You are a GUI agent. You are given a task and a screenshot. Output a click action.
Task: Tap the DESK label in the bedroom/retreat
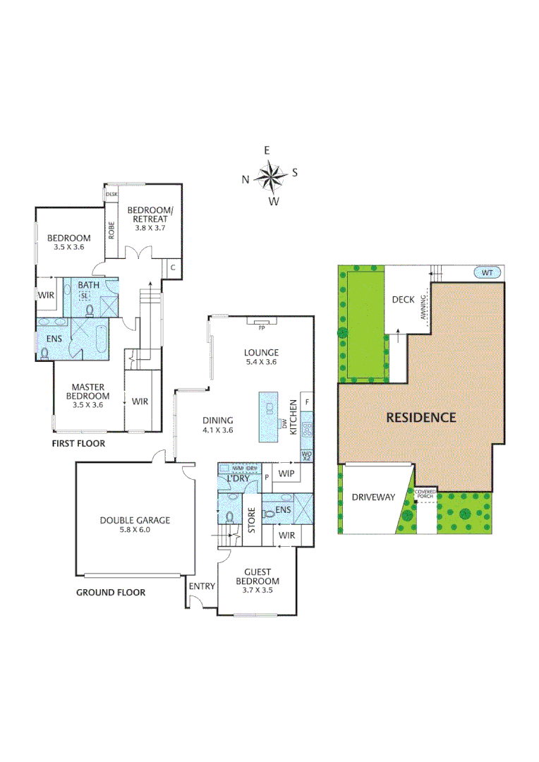pyautogui.click(x=111, y=193)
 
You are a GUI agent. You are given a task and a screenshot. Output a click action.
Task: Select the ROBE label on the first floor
pyautogui.click(x=111, y=230)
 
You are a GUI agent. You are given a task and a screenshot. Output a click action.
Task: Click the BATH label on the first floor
pyautogui.click(x=88, y=285)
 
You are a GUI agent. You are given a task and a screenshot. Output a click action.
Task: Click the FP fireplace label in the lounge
pyautogui.click(x=261, y=328)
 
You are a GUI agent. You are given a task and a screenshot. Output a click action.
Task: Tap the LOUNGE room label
pyautogui.click(x=261, y=353)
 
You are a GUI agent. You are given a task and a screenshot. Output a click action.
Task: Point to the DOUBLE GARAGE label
pyautogui.click(x=134, y=520)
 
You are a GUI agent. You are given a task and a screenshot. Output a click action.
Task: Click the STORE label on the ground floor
pyautogui.click(x=250, y=519)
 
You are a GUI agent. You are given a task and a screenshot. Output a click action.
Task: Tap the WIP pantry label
pyautogui.click(x=286, y=473)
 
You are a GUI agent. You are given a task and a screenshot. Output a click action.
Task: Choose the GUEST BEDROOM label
pyautogui.click(x=262, y=576)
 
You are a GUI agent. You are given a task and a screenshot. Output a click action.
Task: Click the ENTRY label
pyautogui.click(x=202, y=586)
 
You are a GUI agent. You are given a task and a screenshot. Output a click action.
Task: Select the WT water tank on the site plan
pyautogui.click(x=487, y=272)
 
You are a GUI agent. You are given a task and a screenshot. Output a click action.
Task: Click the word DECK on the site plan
pyautogui.click(x=403, y=299)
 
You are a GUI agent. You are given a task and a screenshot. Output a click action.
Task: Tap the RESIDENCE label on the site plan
pyautogui.click(x=420, y=417)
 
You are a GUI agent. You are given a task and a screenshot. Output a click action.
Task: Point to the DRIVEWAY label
pyautogui.click(x=373, y=497)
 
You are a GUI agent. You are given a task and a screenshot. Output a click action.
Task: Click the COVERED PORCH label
pyautogui.click(x=425, y=493)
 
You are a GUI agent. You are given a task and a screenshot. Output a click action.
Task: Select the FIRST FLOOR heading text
pyautogui.click(x=78, y=444)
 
